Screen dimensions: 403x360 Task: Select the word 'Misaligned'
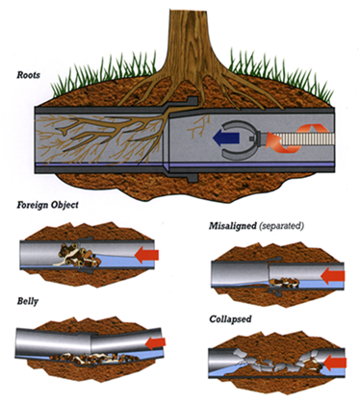[x=235, y=223]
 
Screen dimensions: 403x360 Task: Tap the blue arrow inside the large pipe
[x=233, y=137]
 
